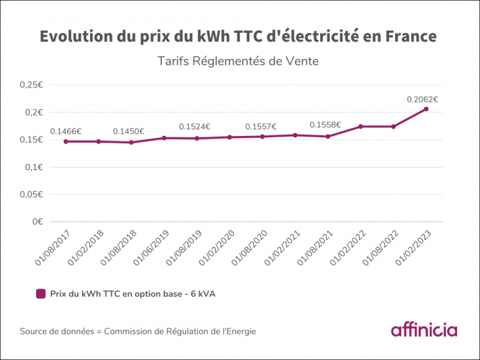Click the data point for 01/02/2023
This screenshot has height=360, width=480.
tap(426, 109)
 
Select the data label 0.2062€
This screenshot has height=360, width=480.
tap(422, 100)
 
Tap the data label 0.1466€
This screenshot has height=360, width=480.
tap(66, 131)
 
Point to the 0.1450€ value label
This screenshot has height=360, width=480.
tap(129, 131)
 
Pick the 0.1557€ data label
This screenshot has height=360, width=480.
tap(261, 127)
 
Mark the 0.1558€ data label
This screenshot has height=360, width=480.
tap(325, 125)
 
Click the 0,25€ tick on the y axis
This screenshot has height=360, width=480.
tap(32, 85)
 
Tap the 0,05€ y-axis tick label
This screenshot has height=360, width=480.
tap(32, 194)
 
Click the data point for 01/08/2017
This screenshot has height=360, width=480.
tap(66, 141)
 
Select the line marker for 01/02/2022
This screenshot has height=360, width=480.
tap(360, 126)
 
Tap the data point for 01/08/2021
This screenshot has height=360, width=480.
tap(327, 137)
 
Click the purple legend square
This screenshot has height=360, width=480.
tap(41, 294)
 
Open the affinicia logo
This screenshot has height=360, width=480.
tap(423, 330)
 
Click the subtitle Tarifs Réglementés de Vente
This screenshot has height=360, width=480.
tap(238, 62)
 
